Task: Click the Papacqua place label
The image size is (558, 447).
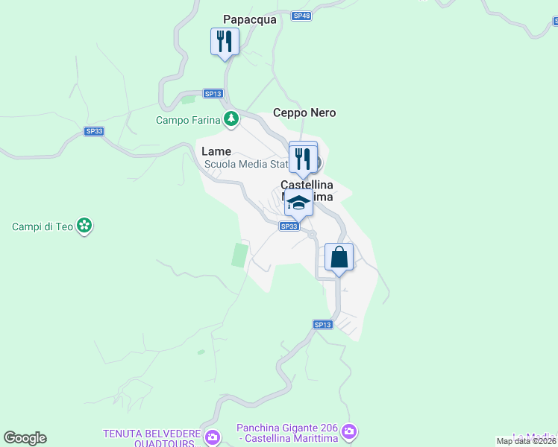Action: coord(250,20)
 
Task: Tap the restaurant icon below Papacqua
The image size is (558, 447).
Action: coord(225,42)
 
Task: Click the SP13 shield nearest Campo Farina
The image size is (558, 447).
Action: coord(213,93)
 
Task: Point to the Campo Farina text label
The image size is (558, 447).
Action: coord(188,120)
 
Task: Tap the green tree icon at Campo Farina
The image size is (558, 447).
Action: coord(232,118)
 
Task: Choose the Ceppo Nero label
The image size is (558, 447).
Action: coord(304,113)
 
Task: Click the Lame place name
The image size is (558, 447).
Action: coord(216,151)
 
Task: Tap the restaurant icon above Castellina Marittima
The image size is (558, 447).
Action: coord(303,157)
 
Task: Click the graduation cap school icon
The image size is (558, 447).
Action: coord(298,203)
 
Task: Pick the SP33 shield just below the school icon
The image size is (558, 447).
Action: coord(289,226)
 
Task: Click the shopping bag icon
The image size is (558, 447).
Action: coord(339,257)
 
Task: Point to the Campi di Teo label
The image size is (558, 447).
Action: coord(43,226)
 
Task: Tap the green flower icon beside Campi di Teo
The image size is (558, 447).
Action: coord(85,225)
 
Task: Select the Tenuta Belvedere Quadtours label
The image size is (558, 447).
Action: coord(151,438)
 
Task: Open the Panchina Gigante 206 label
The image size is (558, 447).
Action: coord(286,433)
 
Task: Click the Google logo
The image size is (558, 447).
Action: coord(25,438)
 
